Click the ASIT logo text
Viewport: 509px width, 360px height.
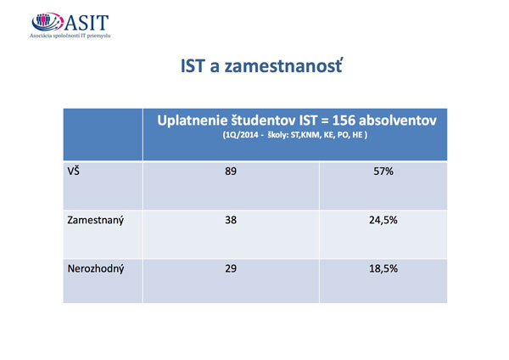pyautogui.click(x=87, y=22)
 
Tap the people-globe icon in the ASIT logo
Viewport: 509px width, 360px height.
pyautogui.click(x=48, y=22)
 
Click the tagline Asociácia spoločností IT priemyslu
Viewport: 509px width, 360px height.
pyautogui.click(x=70, y=36)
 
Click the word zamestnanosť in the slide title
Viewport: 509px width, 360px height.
pyautogui.click(x=283, y=65)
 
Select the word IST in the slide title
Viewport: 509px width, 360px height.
pyautogui.click(x=193, y=66)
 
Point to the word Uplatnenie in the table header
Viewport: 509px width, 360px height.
pyautogui.click(x=193, y=121)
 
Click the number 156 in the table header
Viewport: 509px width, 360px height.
pyautogui.click(x=344, y=121)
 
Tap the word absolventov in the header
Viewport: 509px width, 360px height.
pyautogui.click(x=398, y=121)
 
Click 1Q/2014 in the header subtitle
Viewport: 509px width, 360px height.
pyautogui.click(x=241, y=135)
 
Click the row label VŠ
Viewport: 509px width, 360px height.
pyautogui.click(x=73, y=171)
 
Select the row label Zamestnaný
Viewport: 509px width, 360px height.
pyautogui.click(x=95, y=220)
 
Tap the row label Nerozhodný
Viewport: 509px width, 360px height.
pyautogui.click(x=96, y=269)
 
